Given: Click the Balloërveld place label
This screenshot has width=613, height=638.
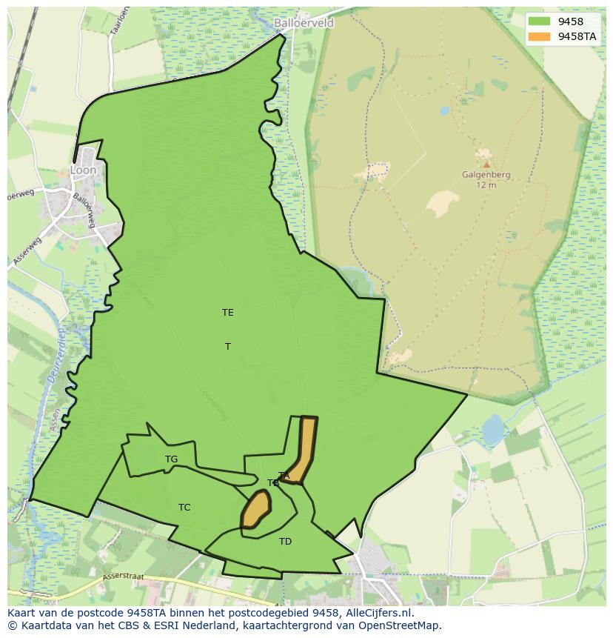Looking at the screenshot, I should [304, 23].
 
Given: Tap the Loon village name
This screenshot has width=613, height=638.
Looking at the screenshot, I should [83, 170].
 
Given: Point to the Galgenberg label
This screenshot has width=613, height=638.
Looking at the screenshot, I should [486, 175].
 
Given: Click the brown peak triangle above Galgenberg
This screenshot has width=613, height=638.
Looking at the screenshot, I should [486, 164].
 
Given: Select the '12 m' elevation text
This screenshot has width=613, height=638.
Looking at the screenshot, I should [486, 185].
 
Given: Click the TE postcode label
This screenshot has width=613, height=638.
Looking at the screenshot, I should [227, 313].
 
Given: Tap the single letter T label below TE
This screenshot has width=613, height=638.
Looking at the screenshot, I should [228, 346].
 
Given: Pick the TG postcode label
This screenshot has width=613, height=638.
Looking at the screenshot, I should [171, 459].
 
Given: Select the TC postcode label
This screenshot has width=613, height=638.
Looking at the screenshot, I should [184, 508].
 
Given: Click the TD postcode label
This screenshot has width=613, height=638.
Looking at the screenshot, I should [285, 542].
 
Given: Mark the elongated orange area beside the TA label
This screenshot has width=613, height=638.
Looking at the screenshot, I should [303, 448].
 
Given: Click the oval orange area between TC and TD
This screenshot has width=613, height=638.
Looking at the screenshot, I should [255, 510].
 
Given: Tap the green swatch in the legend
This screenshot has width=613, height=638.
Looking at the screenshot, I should [540, 21].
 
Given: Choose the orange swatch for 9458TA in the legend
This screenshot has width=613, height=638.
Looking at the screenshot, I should [540, 36].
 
